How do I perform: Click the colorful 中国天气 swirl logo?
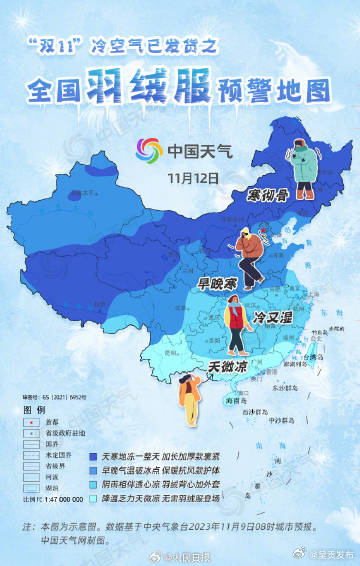tap(148, 151)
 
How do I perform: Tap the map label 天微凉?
tap(228, 366)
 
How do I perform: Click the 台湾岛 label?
tap(311, 356)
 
